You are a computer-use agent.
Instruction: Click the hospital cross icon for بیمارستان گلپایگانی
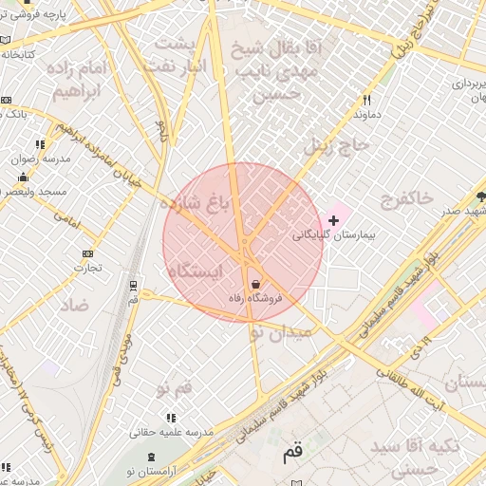tap(332, 220)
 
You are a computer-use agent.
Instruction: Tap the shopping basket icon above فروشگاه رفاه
tap(254, 285)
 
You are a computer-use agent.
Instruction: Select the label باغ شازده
tap(196, 202)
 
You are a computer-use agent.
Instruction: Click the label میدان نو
tap(281, 333)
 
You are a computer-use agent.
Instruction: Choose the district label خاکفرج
tap(406, 198)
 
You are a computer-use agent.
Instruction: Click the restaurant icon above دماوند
tap(366, 100)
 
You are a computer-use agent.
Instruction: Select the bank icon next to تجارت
tap(88, 253)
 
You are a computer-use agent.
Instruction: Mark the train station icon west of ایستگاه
tap(134, 284)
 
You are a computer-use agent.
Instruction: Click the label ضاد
tap(74, 306)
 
